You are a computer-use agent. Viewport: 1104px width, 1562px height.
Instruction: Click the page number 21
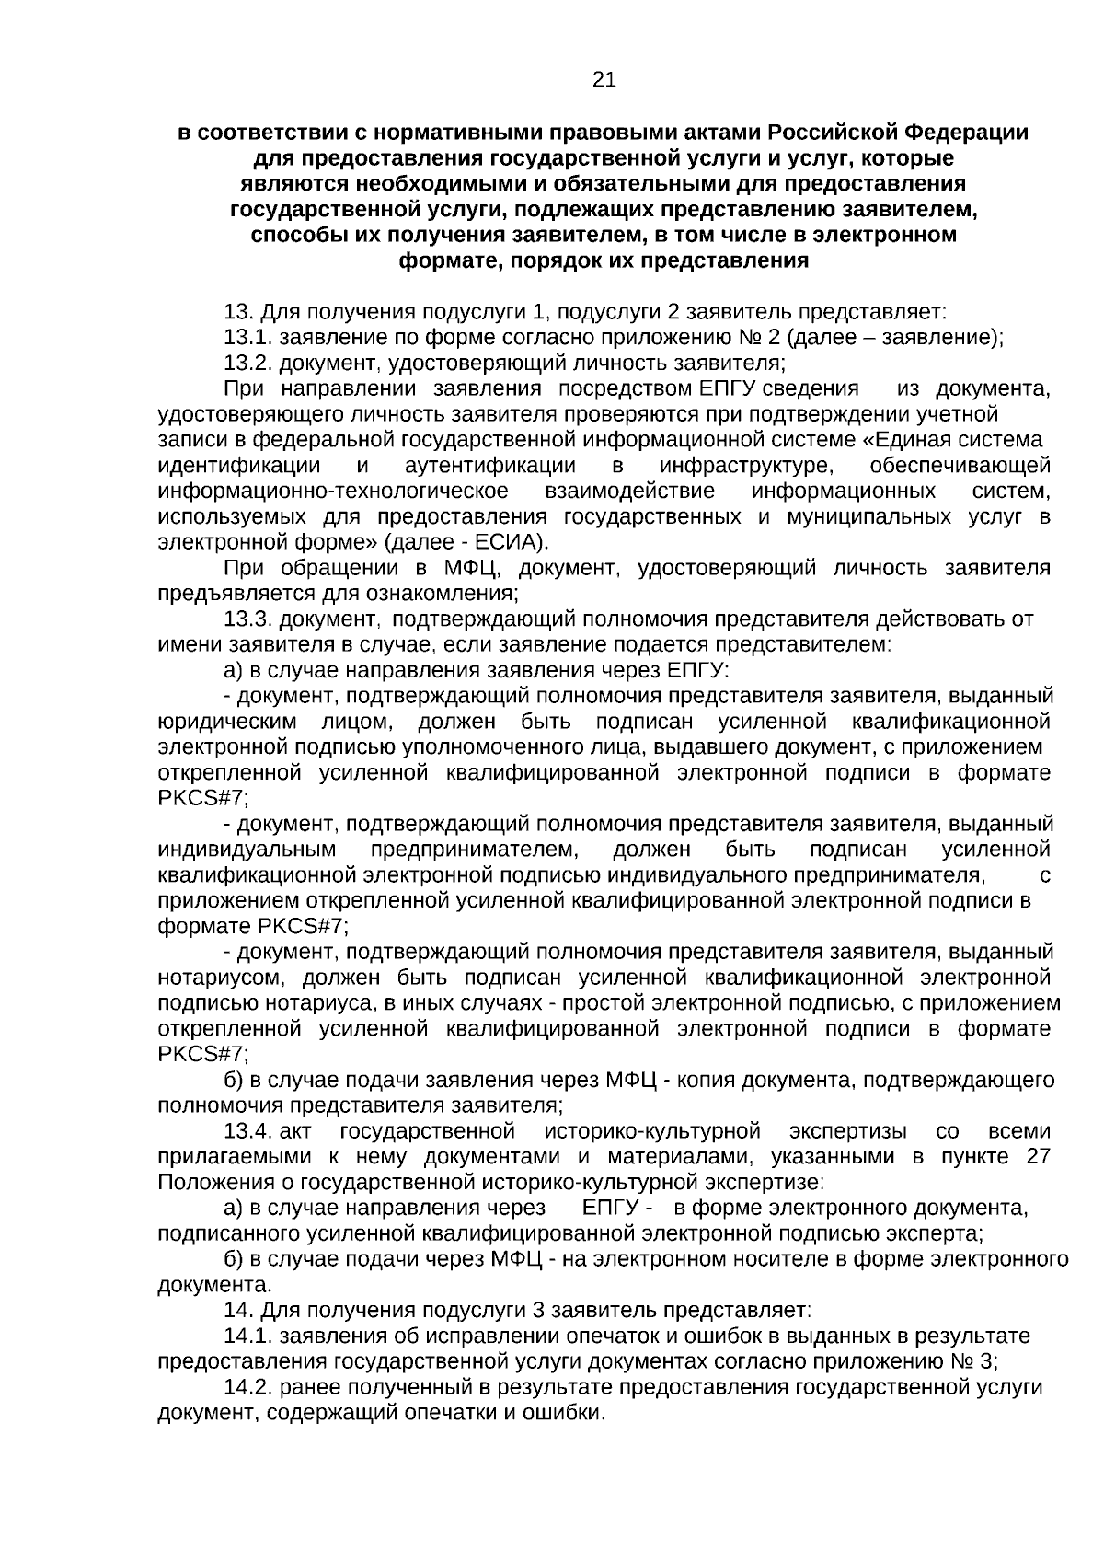coord(604,81)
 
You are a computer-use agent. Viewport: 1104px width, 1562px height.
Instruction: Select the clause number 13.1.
coord(248,337)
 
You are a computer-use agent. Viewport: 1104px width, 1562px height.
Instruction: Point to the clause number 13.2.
coord(248,363)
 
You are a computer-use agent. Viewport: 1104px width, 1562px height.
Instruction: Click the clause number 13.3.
coord(248,619)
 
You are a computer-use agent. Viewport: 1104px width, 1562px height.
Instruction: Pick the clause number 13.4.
coord(248,1131)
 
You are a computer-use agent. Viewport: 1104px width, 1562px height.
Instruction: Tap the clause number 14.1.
coord(248,1336)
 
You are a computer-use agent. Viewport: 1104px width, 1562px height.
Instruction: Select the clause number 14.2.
coord(248,1387)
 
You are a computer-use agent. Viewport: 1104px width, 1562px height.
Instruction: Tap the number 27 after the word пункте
coord(1038,1157)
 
